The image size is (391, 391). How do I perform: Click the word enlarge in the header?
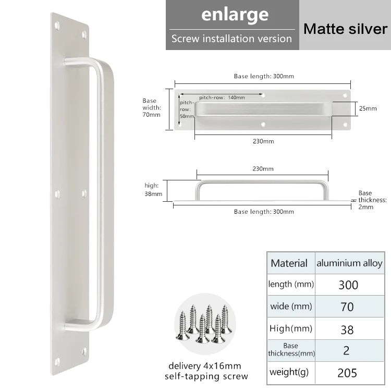[x=235, y=15]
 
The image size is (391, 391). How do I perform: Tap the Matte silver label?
[x=345, y=28]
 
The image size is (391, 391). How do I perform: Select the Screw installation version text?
[x=231, y=39]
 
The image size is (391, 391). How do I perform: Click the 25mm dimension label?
[x=367, y=108]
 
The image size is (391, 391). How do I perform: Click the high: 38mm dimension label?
[x=153, y=189]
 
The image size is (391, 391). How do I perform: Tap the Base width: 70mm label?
[x=152, y=107]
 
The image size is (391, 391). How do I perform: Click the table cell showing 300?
[x=348, y=285]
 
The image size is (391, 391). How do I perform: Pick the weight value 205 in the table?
[x=347, y=372]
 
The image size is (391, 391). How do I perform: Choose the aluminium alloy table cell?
[x=349, y=263]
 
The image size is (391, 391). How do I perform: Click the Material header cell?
[x=289, y=263]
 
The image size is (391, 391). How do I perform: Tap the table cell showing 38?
[x=347, y=329]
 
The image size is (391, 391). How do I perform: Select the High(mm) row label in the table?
[x=290, y=328]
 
